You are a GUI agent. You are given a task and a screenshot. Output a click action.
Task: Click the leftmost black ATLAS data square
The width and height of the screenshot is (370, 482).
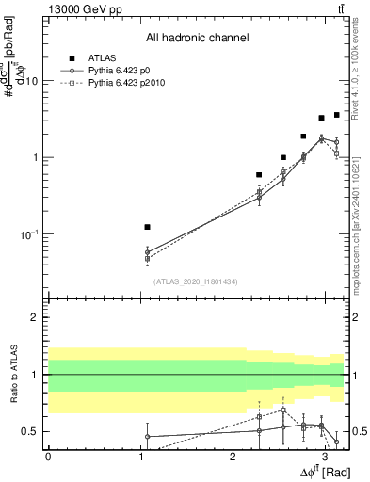click(x=147, y=227)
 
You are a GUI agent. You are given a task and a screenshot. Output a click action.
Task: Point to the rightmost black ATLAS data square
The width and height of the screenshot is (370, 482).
click(x=336, y=115)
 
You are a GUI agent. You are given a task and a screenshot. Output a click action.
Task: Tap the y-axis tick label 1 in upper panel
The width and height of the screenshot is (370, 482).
click(x=35, y=157)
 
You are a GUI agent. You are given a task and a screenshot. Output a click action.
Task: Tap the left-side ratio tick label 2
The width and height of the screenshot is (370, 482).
click(x=36, y=317)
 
